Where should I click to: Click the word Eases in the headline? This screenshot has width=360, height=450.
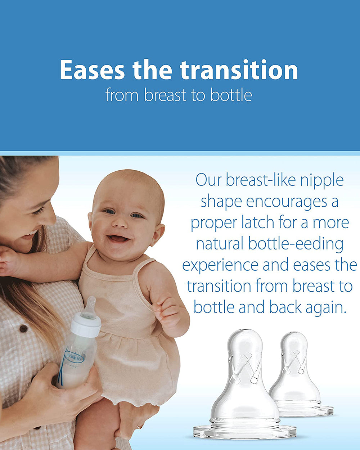click(92, 70)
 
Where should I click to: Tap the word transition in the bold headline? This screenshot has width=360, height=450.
click(239, 70)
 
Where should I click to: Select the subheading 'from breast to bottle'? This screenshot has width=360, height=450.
click(179, 95)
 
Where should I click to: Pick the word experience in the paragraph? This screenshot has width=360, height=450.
click(220, 265)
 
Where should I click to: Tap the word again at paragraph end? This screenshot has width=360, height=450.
click(326, 308)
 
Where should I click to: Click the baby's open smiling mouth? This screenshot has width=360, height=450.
click(118, 238)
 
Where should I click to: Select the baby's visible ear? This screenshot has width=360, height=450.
click(157, 234)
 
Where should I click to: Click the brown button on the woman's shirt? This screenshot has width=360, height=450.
click(23, 328)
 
